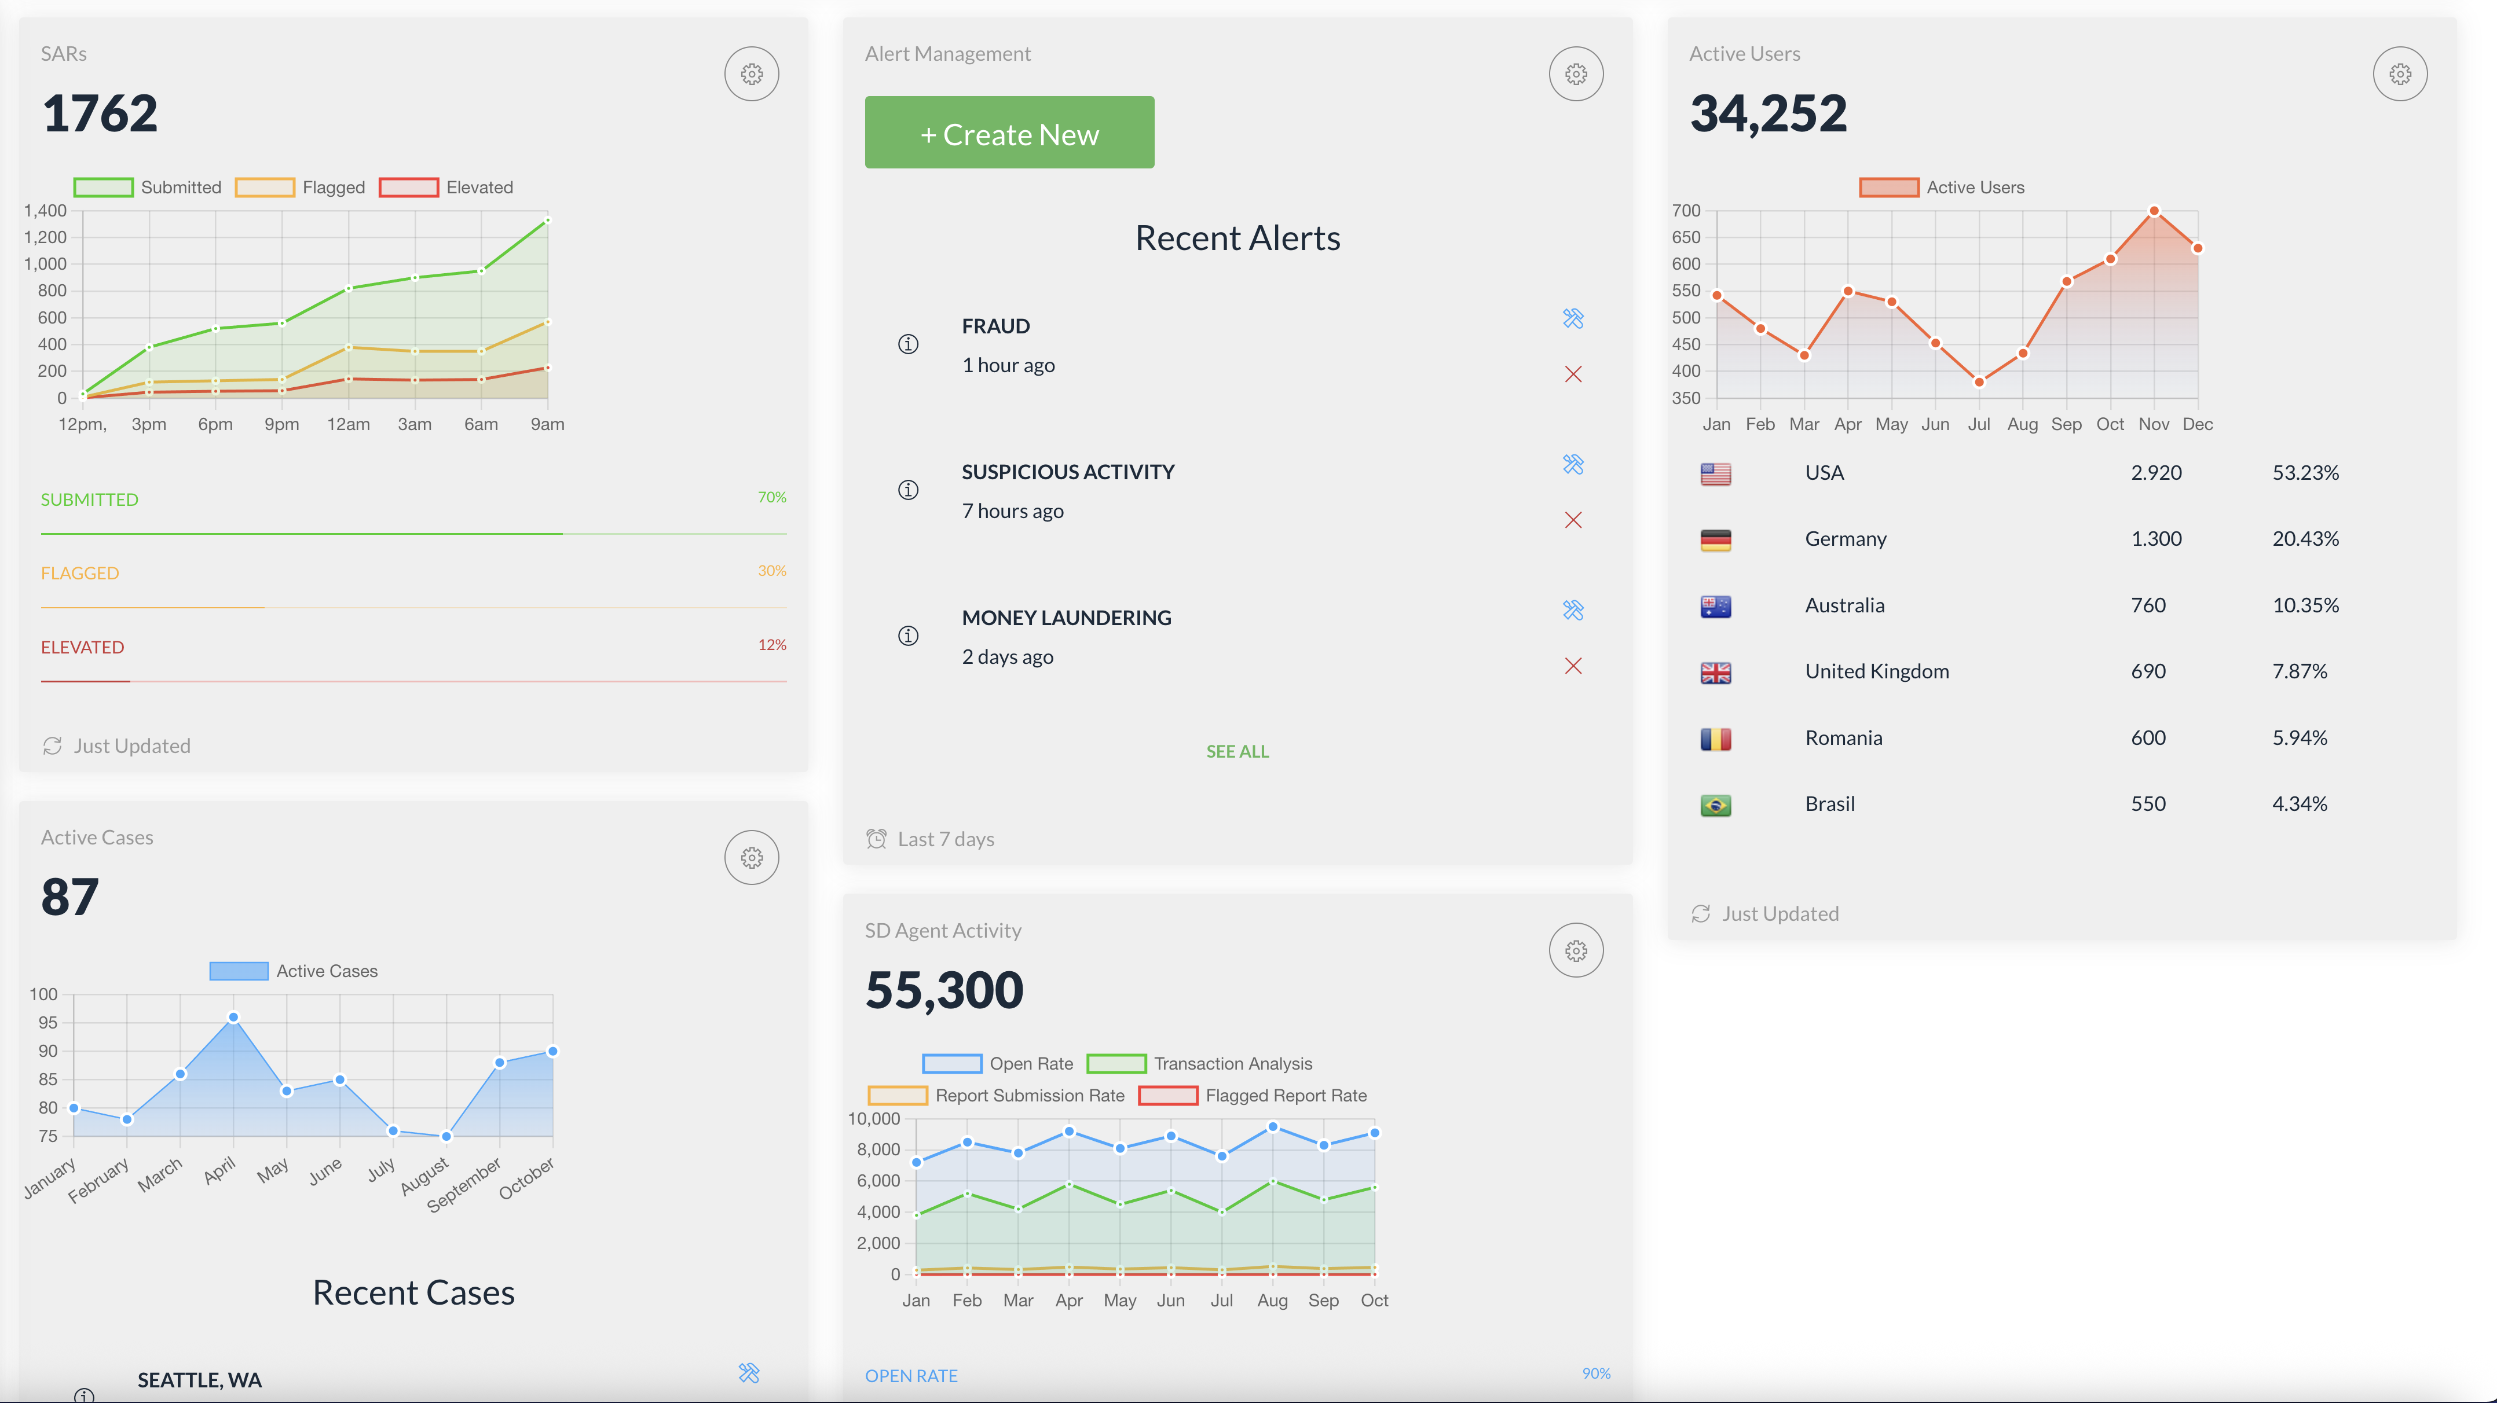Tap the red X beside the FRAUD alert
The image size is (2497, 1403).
(x=1572, y=374)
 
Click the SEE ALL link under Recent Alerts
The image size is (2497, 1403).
(x=1237, y=751)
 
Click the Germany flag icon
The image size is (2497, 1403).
(x=1715, y=539)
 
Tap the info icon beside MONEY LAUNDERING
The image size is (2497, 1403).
(x=907, y=636)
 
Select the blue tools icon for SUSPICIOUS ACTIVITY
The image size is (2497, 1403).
(x=1572, y=464)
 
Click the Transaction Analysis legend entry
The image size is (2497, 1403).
(x=1199, y=1064)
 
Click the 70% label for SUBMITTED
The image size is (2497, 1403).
(x=771, y=497)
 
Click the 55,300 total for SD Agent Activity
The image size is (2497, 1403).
(x=943, y=989)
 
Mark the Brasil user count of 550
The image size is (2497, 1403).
(x=2147, y=804)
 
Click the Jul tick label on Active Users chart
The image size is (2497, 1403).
(x=1978, y=424)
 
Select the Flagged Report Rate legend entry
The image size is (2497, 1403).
(x=1253, y=1096)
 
